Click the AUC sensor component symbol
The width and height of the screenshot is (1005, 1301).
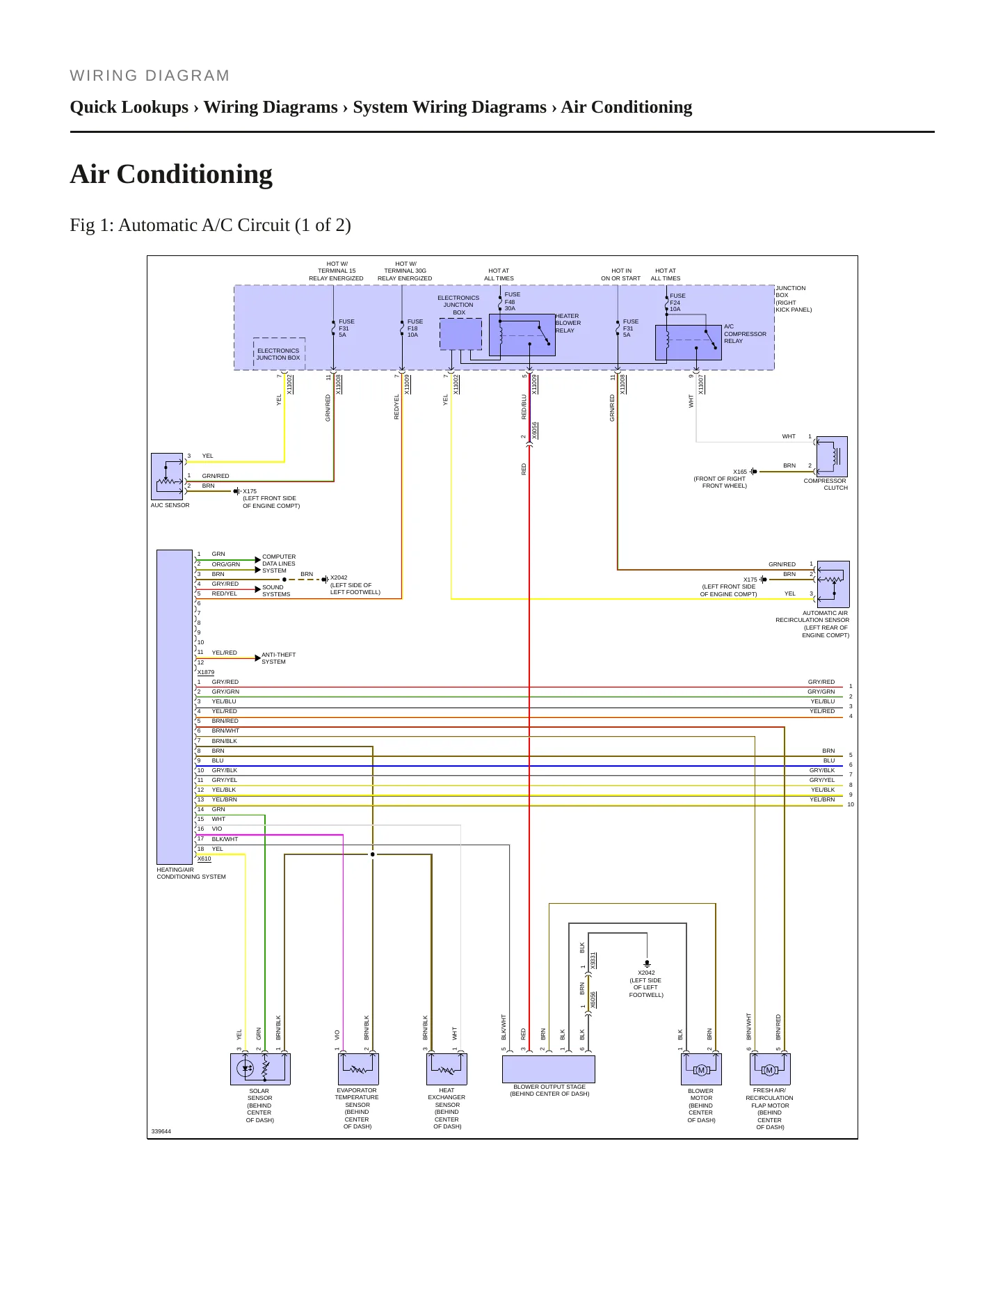(x=167, y=477)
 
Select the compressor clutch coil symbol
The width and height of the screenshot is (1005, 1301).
(x=832, y=456)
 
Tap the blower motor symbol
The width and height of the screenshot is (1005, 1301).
(x=701, y=1069)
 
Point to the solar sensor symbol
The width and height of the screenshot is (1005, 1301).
(x=260, y=1069)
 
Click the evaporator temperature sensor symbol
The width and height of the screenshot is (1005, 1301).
(x=358, y=1069)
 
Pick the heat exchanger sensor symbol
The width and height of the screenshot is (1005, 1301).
(x=447, y=1069)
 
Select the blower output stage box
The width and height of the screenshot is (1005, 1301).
(x=549, y=1069)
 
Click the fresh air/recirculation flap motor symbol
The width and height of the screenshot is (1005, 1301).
(x=770, y=1069)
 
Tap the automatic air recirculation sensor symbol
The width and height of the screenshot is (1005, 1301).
(x=833, y=584)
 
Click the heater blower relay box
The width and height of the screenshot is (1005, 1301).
(x=522, y=335)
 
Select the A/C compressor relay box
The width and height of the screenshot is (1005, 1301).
(x=689, y=342)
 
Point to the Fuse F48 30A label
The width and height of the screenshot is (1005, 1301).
(x=513, y=301)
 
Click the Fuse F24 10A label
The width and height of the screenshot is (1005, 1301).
(x=677, y=303)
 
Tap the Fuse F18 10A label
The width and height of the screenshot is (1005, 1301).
(x=415, y=328)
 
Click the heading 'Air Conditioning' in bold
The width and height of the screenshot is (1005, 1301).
(x=171, y=174)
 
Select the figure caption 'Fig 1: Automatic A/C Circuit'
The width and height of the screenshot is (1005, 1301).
(x=210, y=225)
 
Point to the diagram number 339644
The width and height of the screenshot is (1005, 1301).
(x=161, y=1131)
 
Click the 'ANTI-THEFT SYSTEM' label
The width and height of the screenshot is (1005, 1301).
(x=278, y=658)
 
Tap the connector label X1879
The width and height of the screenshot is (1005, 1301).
(x=206, y=672)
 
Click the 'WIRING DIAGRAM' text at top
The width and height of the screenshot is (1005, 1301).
(x=150, y=76)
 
